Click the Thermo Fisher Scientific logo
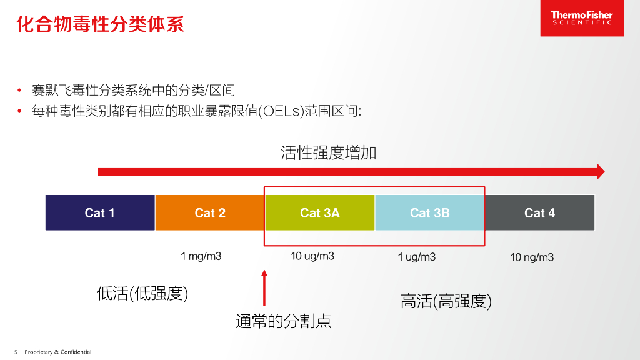tap(581, 18)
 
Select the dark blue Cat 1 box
tap(100, 213)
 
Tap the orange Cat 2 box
tap(210, 213)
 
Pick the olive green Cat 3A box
tap(320, 213)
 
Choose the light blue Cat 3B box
tap(429, 213)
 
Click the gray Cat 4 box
tap(539, 213)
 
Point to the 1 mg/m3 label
tap(201, 256)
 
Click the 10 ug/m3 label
tap(312, 256)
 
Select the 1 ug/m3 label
tap(417, 257)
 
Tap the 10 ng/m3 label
tap(532, 257)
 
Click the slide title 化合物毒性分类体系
tap(100, 25)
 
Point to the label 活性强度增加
tap(329, 153)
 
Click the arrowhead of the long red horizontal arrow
tap(601, 171)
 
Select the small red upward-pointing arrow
tap(264, 287)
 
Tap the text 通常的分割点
tap(283, 321)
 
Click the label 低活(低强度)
tap(142, 294)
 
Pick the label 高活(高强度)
tap(446, 301)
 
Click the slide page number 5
tap(16, 352)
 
